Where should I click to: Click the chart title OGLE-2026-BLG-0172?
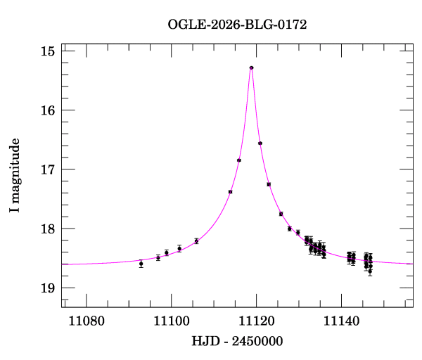point(237,25)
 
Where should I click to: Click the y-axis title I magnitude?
point(15,176)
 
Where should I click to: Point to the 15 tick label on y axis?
point(48,51)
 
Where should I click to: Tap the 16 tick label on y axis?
point(48,110)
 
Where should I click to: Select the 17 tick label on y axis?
point(48,169)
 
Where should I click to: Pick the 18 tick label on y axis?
point(48,229)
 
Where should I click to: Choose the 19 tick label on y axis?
point(48,288)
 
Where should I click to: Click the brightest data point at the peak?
point(251,67)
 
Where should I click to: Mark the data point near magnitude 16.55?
point(260,143)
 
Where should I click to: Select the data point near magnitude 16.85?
point(239,160)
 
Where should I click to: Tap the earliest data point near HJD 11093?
point(141,264)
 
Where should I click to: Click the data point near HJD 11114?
point(230,192)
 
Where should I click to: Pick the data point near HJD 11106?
point(196,241)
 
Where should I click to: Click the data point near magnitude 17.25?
point(269,184)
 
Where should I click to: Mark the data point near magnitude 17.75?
point(281,214)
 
